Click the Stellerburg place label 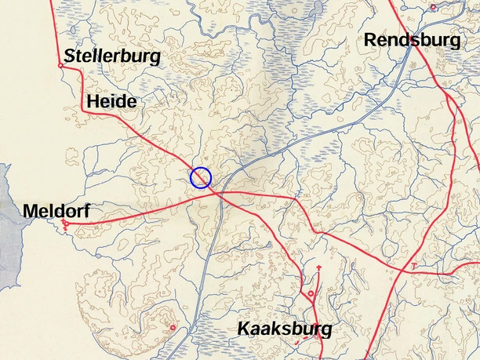112,56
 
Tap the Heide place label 111,101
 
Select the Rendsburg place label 412,40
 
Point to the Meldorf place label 56,211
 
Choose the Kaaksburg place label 285,329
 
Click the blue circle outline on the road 201,178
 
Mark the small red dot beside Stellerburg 60,65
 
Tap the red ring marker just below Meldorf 65,225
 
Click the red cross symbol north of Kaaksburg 319,269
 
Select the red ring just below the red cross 311,294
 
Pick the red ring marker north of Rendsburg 432,7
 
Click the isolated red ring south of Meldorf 173,327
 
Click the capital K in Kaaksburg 245,329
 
